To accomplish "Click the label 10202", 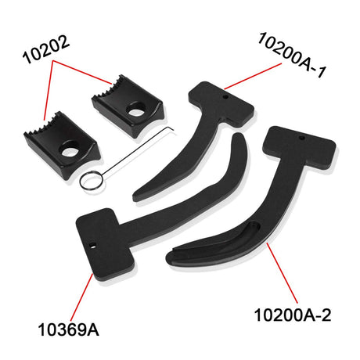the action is pyautogui.click(x=46, y=49).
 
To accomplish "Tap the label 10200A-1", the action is pyautogui.click(x=292, y=55).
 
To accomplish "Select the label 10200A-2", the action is pyautogui.click(x=293, y=315).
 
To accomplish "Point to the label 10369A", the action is pyautogui.click(x=69, y=329).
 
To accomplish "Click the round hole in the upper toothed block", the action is pyautogui.click(x=135, y=110).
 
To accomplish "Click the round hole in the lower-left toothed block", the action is pyautogui.click(x=69, y=150).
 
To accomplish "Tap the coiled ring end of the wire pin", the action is pyautogui.click(x=90, y=181).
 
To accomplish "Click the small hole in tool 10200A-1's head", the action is pyautogui.click(x=225, y=97).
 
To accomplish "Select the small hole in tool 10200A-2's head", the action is pyautogui.click(x=302, y=138).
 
